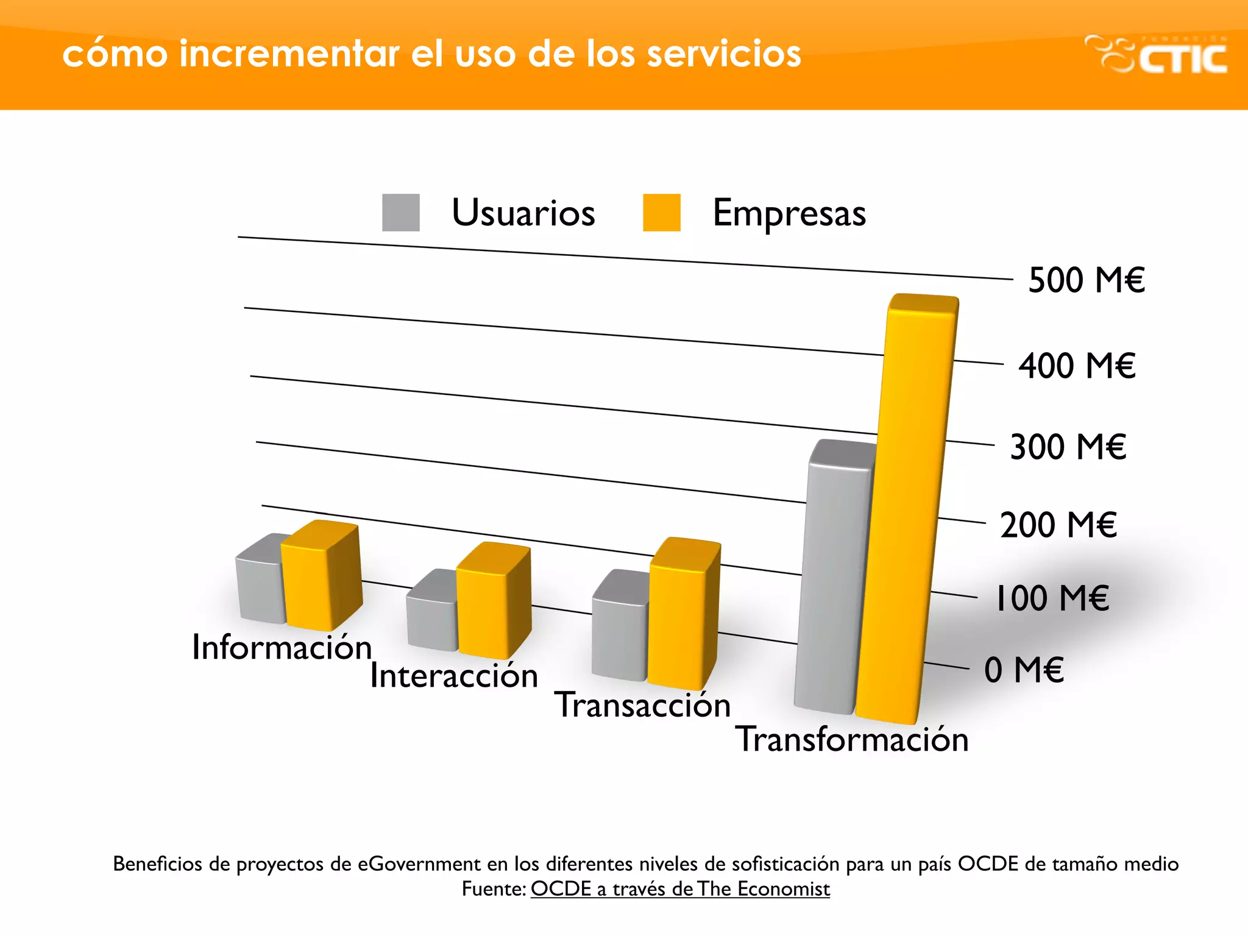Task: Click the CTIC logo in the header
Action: click(x=1157, y=55)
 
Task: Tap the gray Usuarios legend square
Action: click(x=400, y=213)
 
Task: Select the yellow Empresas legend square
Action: click(x=661, y=213)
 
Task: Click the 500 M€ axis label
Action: click(x=1086, y=280)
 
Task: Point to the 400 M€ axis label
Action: click(x=1077, y=366)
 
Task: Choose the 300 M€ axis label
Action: click(x=1068, y=447)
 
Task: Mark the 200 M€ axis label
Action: click(x=1058, y=525)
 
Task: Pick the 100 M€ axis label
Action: click(x=1051, y=598)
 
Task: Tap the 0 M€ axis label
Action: click(x=1024, y=670)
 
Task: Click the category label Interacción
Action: click(x=454, y=676)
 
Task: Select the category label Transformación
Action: click(x=852, y=739)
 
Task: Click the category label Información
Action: click(x=282, y=647)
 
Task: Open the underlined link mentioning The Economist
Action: click(x=679, y=889)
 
